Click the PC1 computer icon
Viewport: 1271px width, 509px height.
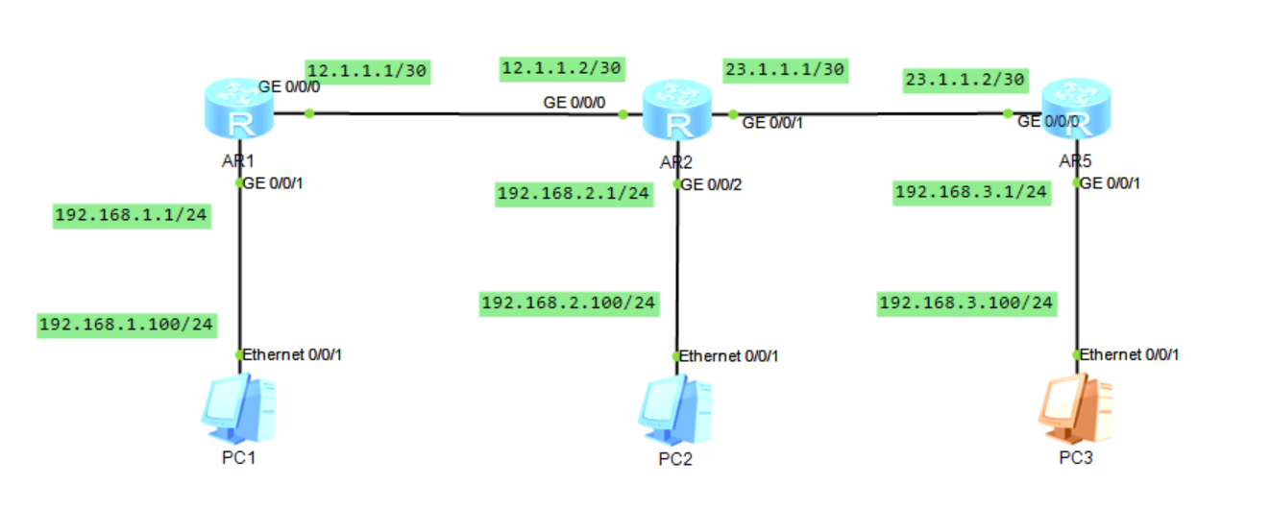pos(236,409)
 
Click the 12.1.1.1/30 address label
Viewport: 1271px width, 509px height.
pos(367,70)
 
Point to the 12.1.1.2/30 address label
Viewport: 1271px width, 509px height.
pos(562,67)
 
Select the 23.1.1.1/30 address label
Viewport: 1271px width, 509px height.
pos(783,69)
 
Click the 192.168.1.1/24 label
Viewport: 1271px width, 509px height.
pos(133,214)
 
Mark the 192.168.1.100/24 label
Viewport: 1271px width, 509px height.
pos(125,325)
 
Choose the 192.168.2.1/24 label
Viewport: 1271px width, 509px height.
pos(574,194)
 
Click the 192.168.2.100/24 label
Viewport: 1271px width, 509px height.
pos(569,303)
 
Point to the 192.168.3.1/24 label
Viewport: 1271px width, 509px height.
pos(970,192)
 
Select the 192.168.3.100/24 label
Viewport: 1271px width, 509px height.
pos(966,303)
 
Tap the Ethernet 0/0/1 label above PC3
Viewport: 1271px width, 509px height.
pos(1129,354)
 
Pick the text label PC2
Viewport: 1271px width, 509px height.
pos(675,458)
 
